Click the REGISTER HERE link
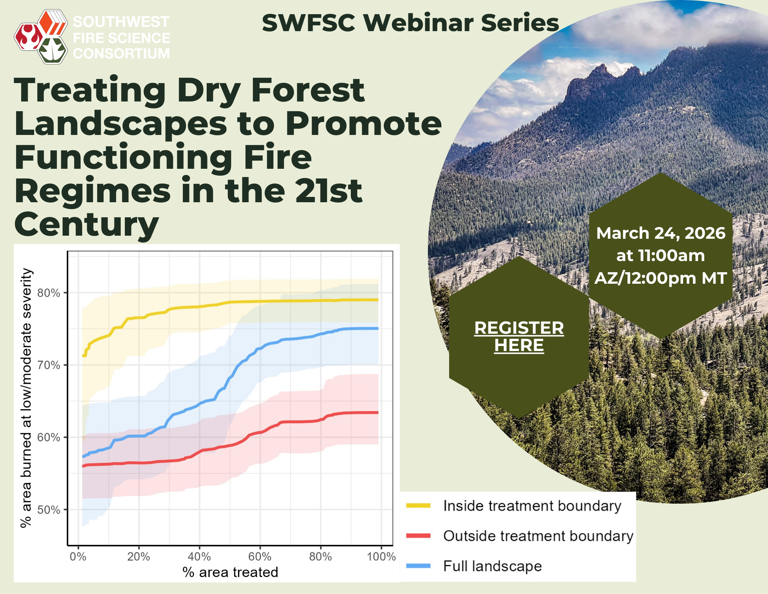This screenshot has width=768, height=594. [x=519, y=336]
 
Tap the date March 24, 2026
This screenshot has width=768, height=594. [x=660, y=233]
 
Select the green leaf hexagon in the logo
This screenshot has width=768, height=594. [x=53, y=50]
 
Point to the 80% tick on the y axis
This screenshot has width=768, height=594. [x=49, y=293]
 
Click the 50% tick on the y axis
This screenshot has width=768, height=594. [x=49, y=510]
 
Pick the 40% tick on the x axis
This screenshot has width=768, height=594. [x=199, y=556]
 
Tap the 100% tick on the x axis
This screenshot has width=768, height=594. [x=381, y=556]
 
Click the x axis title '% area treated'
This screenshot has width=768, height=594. [x=230, y=572]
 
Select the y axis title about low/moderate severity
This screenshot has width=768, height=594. [x=26, y=398]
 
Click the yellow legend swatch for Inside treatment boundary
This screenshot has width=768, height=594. [x=418, y=506]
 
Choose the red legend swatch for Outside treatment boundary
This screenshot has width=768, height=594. [x=418, y=536]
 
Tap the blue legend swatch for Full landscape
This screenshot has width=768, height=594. [x=418, y=566]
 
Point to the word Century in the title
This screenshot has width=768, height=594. [x=86, y=225]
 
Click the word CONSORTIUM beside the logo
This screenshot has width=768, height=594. [x=121, y=53]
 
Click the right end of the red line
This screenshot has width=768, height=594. [x=378, y=413]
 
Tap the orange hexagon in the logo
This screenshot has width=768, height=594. [x=53, y=23]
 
